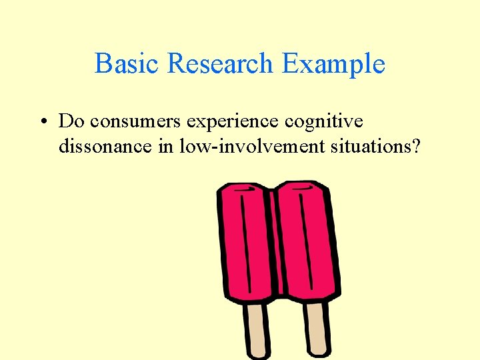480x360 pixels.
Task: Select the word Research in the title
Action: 221,64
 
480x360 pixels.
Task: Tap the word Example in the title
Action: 333,65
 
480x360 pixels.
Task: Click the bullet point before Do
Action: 42,122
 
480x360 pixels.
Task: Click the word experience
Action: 233,123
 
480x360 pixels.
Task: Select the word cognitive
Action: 324,122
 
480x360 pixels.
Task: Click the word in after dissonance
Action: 166,145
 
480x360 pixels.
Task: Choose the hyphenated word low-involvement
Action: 253,145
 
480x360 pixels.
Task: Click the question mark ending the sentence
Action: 417,145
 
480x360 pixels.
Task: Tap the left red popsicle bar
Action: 247,247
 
